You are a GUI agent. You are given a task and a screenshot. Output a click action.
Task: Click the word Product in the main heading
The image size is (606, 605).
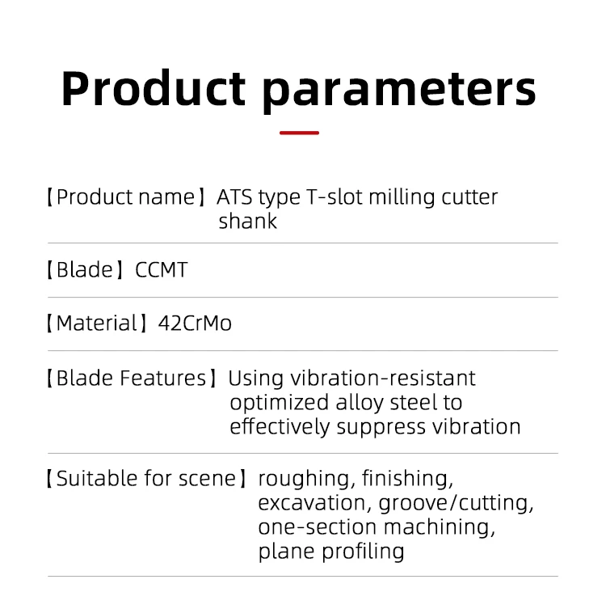click(x=154, y=87)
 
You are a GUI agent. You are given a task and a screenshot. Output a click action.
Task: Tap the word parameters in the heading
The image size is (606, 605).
click(x=399, y=92)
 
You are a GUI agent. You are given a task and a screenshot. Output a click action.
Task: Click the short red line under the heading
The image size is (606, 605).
click(x=299, y=133)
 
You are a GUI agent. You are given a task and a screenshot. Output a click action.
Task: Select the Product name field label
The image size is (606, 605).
click(x=126, y=197)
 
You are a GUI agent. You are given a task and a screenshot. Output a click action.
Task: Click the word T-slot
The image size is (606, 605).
click(x=335, y=197)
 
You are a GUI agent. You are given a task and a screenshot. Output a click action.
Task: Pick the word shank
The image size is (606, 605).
click(x=248, y=221)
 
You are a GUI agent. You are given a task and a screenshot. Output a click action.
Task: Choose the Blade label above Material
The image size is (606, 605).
click(x=85, y=269)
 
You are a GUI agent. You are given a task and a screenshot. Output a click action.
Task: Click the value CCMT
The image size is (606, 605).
click(x=161, y=269)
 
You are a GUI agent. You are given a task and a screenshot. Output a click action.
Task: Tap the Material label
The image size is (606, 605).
click(x=97, y=323)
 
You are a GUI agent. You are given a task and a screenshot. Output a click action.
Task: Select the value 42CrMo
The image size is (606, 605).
click(x=195, y=323)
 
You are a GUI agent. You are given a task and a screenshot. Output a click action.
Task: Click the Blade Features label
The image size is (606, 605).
click(x=132, y=378)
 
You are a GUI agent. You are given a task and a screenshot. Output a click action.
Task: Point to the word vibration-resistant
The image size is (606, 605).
click(x=383, y=378)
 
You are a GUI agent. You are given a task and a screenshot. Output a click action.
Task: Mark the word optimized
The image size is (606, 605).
click(x=280, y=403)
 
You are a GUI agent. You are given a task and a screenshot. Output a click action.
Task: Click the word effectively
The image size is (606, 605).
click(x=280, y=427)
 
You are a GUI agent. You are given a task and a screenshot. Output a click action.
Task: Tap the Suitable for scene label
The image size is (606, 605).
click(x=146, y=479)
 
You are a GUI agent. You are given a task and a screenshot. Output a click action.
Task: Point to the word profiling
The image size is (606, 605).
click(x=363, y=552)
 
